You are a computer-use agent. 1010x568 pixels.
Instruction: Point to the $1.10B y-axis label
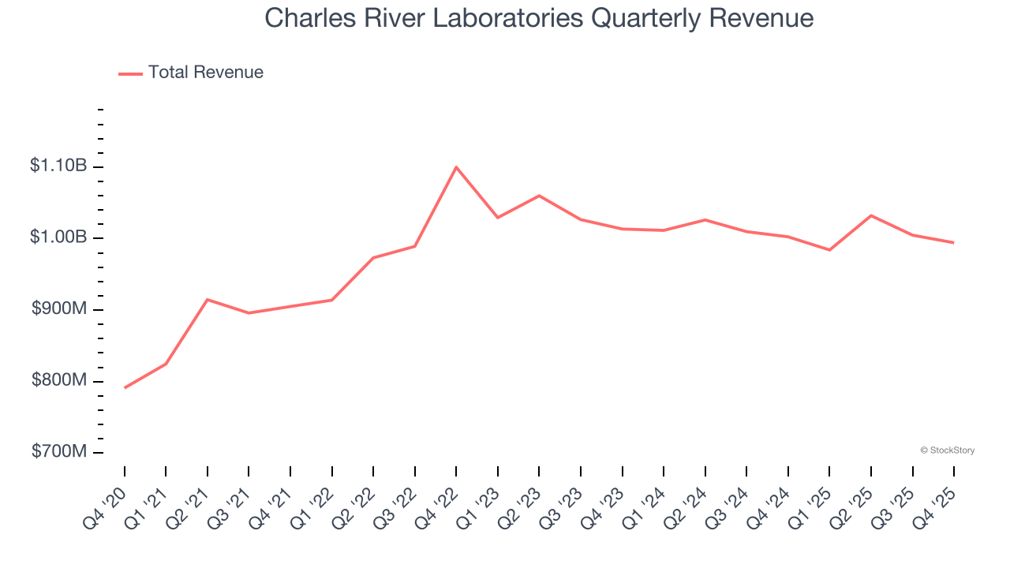(x=58, y=166)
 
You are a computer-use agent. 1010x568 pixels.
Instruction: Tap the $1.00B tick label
(x=58, y=238)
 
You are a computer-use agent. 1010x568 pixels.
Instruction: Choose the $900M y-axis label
(x=59, y=309)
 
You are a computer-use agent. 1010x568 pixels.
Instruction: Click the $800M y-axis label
(x=59, y=381)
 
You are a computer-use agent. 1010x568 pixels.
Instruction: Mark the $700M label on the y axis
(x=59, y=452)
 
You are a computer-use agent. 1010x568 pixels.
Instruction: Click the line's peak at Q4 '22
(x=456, y=167)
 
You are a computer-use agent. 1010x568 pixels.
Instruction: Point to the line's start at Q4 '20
(x=125, y=387)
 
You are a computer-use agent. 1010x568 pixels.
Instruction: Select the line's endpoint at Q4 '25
(x=953, y=242)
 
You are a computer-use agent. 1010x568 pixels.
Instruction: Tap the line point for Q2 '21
(x=208, y=300)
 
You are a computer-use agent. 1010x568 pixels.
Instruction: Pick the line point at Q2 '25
(x=870, y=215)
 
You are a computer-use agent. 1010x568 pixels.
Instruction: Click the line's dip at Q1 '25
(x=829, y=250)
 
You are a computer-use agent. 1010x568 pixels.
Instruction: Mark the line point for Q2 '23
(x=539, y=196)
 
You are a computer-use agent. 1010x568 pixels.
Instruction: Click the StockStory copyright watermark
(x=947, y=450)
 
